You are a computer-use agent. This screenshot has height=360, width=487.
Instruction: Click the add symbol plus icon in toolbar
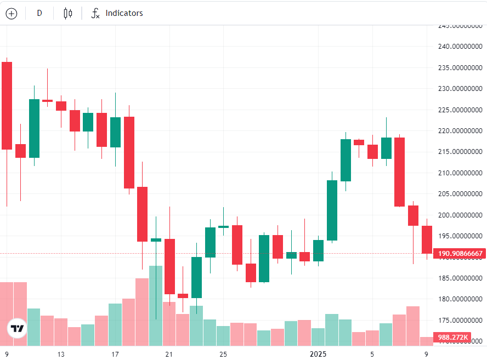pyautogui.click(x=12, y=14)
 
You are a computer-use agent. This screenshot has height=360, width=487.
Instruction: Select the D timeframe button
pyautogui.click(x=39, y=13)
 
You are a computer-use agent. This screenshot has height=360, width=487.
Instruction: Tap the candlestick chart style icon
pyautogui.click(x=68, y=14)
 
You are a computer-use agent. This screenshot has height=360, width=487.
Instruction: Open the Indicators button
pyautogui.click(x=117, y=13)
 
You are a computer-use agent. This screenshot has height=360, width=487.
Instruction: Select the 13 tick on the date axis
pyautogui.click(x=61, y=354)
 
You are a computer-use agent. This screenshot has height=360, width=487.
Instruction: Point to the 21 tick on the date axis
pyautogui.click(x=169, y=354)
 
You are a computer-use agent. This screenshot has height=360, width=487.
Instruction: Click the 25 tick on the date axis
pyautogui.click(x=223, y=354)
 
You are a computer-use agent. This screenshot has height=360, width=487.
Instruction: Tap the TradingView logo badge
pyautogui.click(x=17, y=329)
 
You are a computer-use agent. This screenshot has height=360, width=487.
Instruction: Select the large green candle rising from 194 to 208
pyautogui.click(x=332, y=210)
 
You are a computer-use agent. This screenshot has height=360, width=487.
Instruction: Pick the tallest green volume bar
pyautogui.click(x=156, y=305)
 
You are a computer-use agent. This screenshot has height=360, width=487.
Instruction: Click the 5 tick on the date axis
pyautogui.click(x=372, y=354)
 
